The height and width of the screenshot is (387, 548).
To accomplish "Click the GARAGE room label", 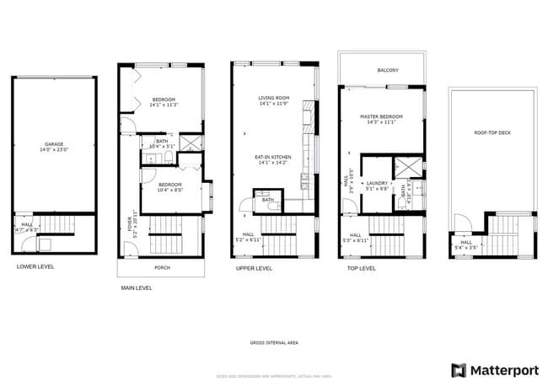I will click(x=54, y=144).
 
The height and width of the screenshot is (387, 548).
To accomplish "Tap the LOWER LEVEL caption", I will click(x=35, y=266).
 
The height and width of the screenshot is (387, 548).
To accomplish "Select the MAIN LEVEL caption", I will click(x=136, y=288).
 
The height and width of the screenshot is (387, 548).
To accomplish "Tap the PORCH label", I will click(x=161, y=267).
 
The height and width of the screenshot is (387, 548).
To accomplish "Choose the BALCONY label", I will click(x=388, y=70).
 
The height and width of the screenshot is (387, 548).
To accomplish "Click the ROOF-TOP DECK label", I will click(x=492, y=132).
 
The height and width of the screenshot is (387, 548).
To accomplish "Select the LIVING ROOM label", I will click(x=273, y=98).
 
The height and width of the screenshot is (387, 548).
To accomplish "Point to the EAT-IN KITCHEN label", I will click(x=273, y=157).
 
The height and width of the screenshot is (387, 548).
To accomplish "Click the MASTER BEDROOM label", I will click(x=381, y=116).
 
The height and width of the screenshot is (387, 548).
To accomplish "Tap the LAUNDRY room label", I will click(x=377, y=183).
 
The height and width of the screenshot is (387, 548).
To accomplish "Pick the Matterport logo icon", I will click(x=459, y=370).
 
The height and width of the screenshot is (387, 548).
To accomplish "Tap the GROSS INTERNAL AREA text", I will click(x=273, y=342).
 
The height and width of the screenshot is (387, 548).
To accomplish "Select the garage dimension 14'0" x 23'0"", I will click(x=54, y=150).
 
